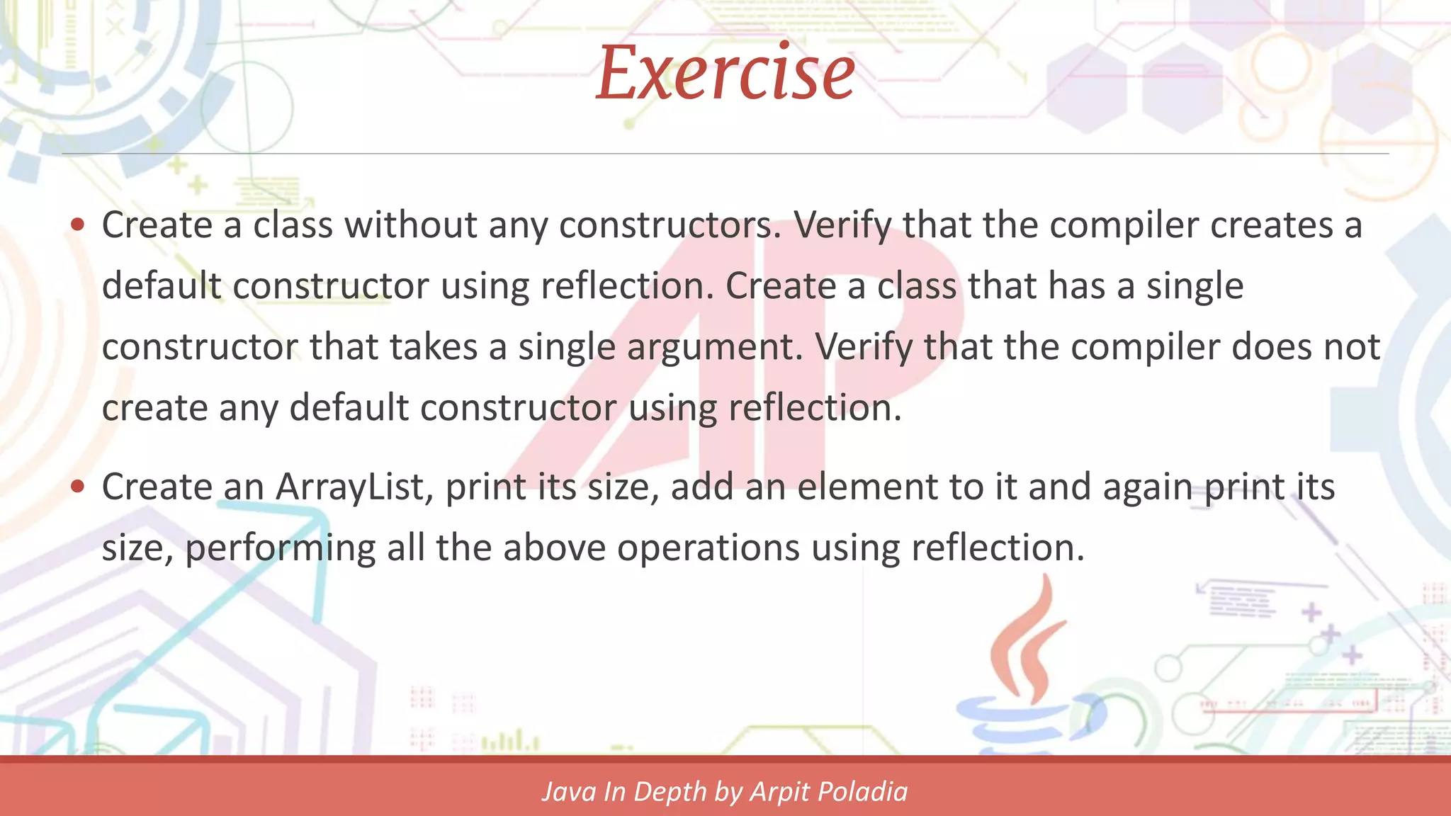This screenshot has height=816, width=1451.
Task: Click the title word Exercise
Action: (725, 74)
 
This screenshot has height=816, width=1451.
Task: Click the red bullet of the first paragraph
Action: (78, 225)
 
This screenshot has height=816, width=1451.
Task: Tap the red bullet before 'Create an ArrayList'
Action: (78, 487)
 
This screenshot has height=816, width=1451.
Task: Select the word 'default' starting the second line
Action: (162, 286)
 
